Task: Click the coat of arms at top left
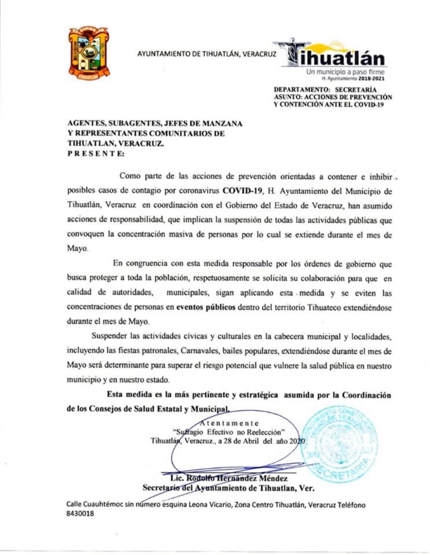pyautogui.click(x=89, y=53)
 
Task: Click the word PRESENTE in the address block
pyautogui.click(x=96, y=153)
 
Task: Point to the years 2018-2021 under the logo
pyautogui.click(x=370, y=79)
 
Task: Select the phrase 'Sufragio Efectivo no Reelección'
pyautogui.click(x=228, y=432)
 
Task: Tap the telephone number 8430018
pyautogui.click(x=80, y=513)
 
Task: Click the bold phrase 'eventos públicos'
pyautogui.click(x=206, y=307)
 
